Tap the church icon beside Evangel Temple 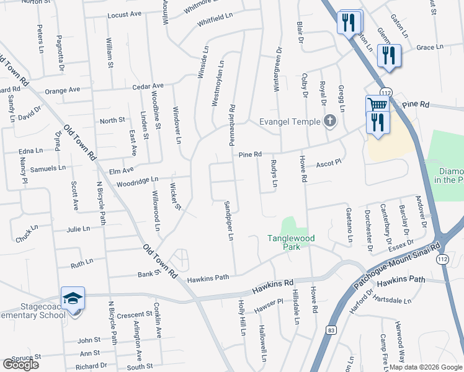330,122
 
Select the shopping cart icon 376,104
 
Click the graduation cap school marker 73,298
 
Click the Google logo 20,365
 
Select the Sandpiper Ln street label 228,220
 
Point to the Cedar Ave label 147,86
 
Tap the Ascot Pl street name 329,164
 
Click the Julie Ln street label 78,229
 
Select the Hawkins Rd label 273,286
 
